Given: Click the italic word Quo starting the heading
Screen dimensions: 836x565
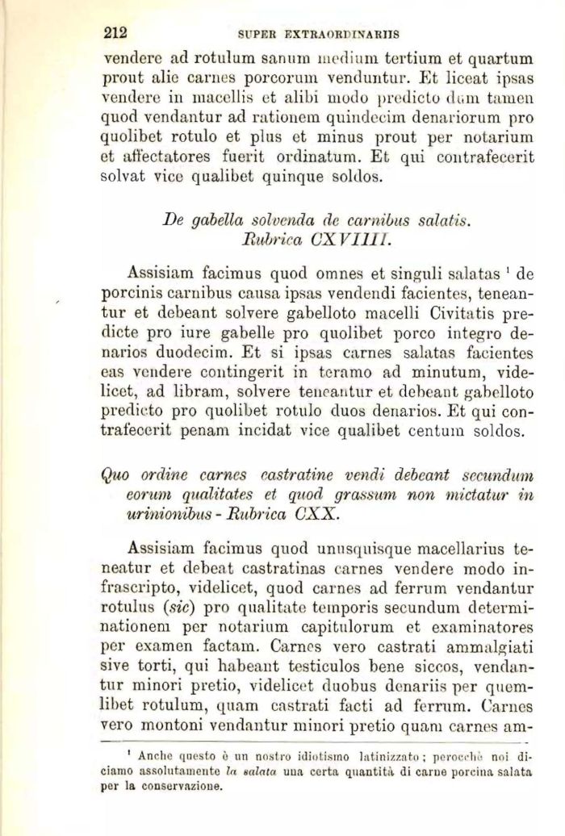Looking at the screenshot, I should click(120, 475).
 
